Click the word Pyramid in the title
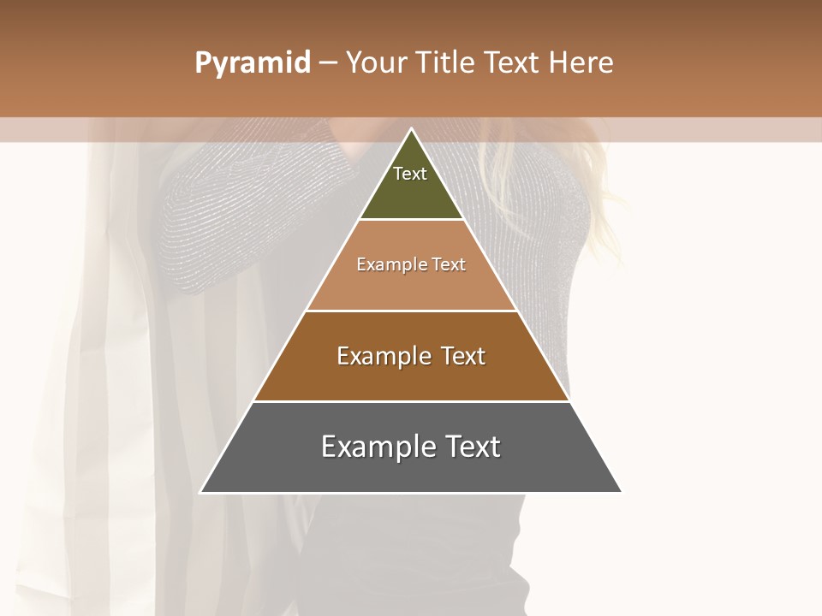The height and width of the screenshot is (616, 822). pyautogui.click(x=253, y=63)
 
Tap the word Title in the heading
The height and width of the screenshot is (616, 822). pyautogui.click(x=446, y=63)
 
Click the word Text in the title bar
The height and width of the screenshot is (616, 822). pyautogui.click(x=512, y=63)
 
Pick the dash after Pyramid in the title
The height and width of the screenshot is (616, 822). pyautogui.click(x=327, y=63)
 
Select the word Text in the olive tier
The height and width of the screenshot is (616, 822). pyautogui.click(x=410, y=174)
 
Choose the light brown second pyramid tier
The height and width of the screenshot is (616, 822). pyautogui.click(x=411, y=287)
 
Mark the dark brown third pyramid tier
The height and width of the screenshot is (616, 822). pyautogui.click(x=411, y=381)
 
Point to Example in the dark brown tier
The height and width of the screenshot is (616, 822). pyautogui.click(x=383, y=356)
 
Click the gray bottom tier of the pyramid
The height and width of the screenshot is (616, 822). pyautogui.click(x=411, y=475)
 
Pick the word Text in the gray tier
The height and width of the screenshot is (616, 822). pyautogui.click(x=472, y=447)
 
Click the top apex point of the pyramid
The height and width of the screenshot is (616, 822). pyautogui.click(x=411, y=129)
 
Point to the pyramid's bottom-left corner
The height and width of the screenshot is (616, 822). pyautogui.click(x=200, y=492)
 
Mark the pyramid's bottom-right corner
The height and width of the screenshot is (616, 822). pyautogui.click(x=622, y=492)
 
